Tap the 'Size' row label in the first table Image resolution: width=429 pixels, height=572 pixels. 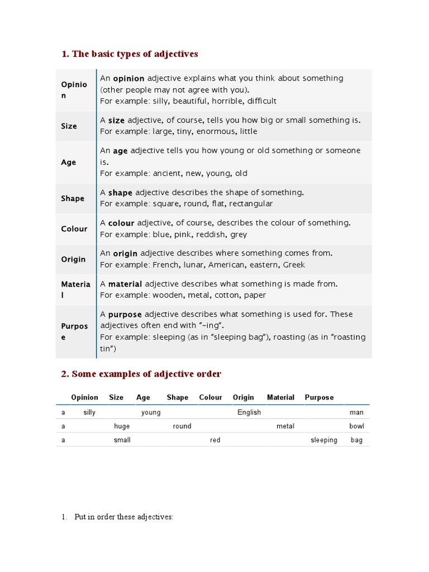point(69,126)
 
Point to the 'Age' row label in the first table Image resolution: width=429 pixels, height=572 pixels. point(69,163)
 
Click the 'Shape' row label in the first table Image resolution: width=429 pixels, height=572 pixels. point(73,199)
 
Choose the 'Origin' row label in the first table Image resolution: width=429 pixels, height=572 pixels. point(73,259)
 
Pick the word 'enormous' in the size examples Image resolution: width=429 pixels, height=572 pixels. point(216,132)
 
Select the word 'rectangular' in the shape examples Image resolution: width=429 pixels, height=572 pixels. point(251,204)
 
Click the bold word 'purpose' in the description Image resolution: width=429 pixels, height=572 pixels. point(125,314)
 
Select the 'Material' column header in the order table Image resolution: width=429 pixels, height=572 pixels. point(280,398)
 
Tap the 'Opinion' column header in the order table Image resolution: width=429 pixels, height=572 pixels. point(84,398)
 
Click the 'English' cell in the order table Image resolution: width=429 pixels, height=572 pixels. point(249,412)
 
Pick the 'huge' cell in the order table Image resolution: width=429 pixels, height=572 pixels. point(122,426)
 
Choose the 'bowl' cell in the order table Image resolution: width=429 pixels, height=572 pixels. point(356,426)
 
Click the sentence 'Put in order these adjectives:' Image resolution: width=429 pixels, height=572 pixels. point(123,517)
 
